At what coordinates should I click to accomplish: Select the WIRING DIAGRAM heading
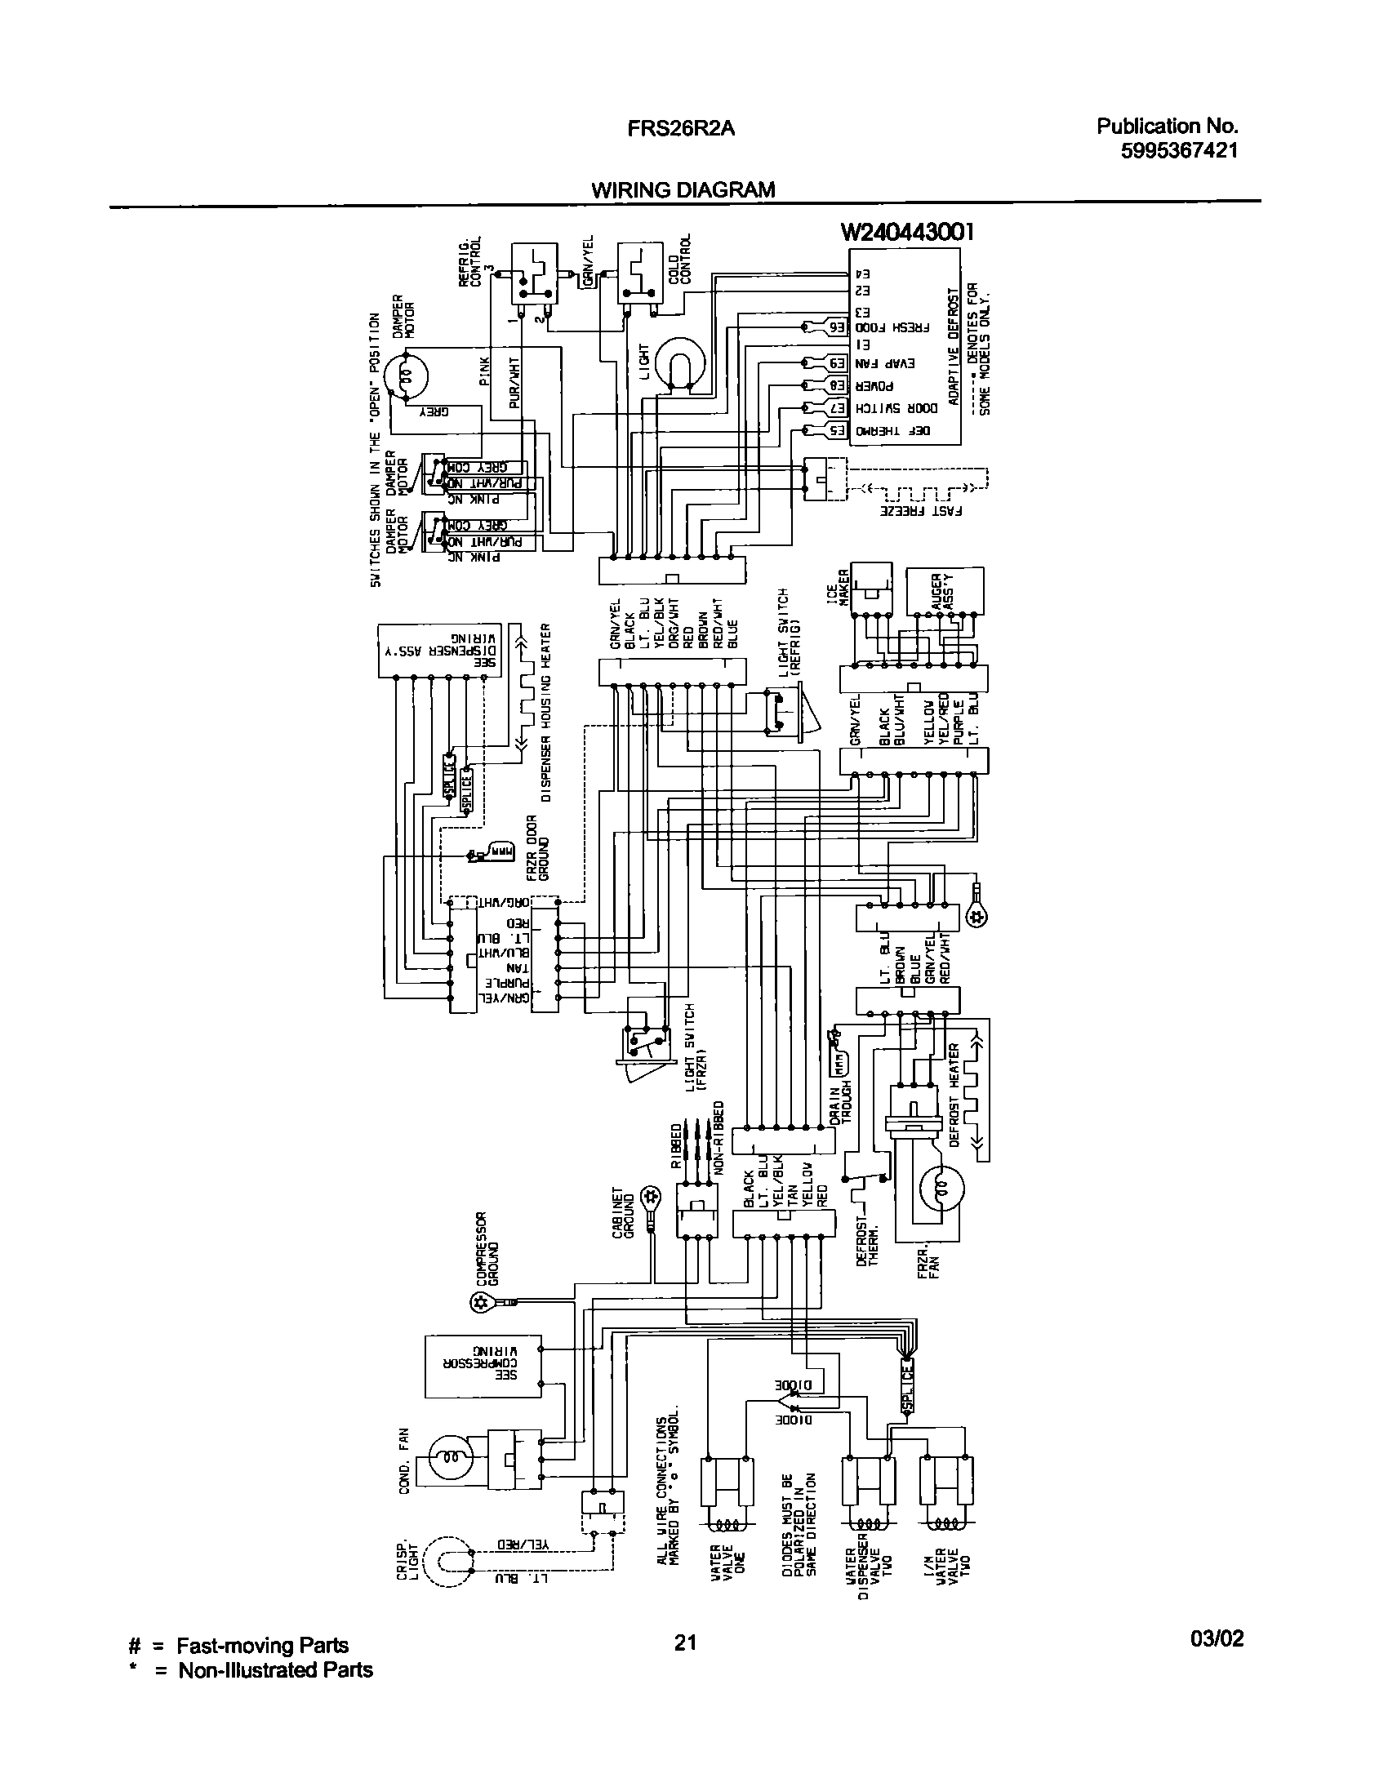683,190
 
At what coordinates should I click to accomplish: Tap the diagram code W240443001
907,233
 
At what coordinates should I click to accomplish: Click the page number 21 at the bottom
685,1642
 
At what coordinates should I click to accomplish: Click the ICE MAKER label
844,587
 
